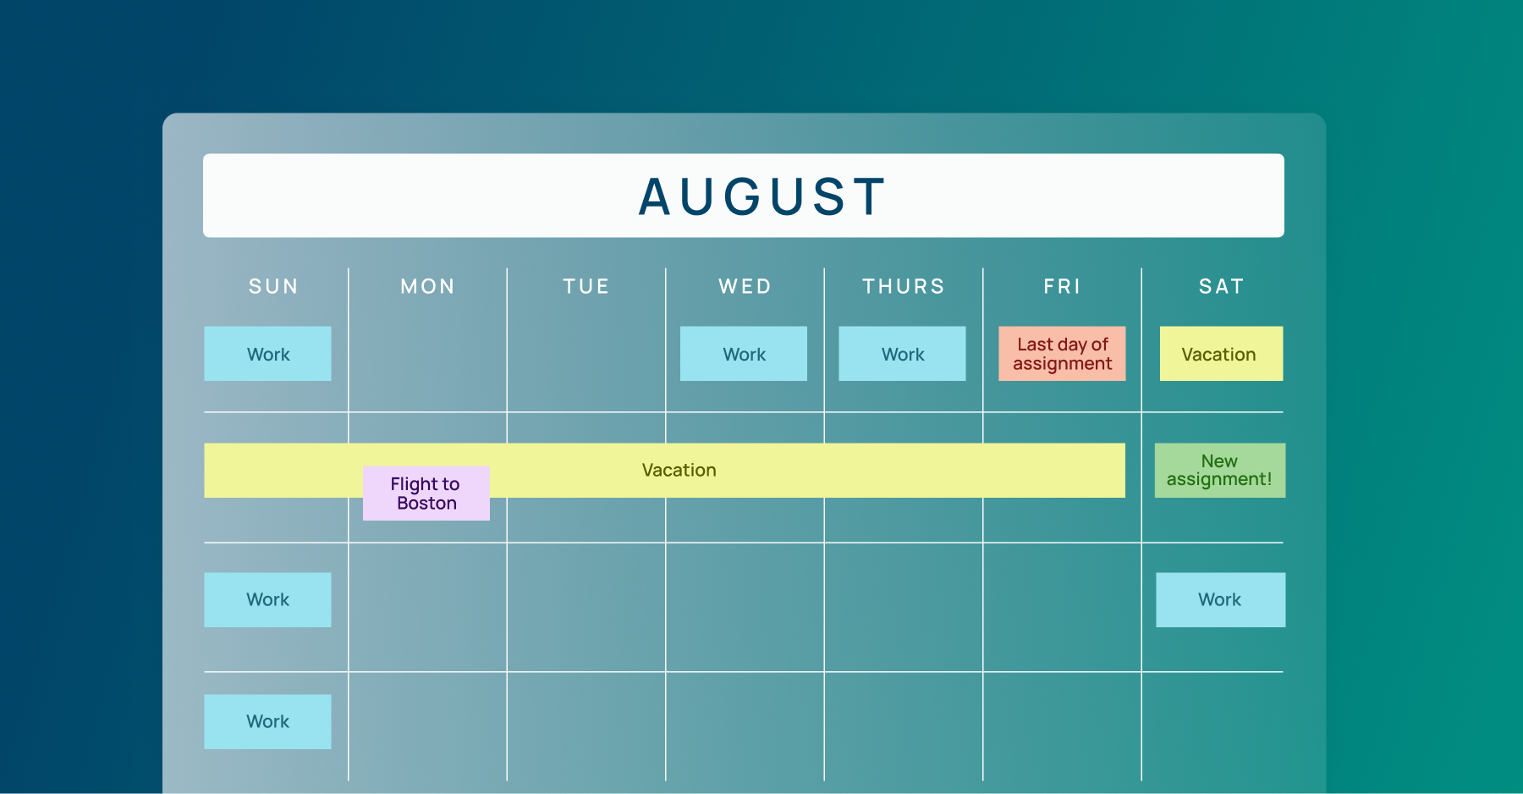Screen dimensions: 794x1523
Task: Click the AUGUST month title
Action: (x=761, y=196)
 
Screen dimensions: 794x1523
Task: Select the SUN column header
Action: (x=273, y=287)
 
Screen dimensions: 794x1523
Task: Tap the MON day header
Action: (x=427, y=287)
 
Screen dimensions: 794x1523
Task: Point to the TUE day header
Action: (x=586, y=287)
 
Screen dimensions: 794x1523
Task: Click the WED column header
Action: (x=745, y=287)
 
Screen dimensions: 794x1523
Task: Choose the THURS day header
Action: (x=903, y=287)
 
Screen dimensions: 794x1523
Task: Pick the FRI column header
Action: (x=1062, y=287)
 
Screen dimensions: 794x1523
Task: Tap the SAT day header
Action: (x=1221, y=287)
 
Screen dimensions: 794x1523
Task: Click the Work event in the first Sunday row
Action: (x=267, y=354)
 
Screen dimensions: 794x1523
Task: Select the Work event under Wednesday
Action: (x=744, y=354)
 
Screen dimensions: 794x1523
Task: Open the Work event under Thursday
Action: (x=902, y=354)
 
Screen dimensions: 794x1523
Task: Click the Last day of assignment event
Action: (x=1062, y=354)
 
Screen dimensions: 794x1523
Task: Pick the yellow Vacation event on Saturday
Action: (x=1221, y=354)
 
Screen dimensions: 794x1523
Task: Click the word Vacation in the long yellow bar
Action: (x=679, y=471)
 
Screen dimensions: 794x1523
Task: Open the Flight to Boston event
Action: (x=426, y=493)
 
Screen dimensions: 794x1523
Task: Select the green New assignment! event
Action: (x=1219, y=471)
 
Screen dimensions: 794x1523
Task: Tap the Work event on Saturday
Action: (x=1220, y=600)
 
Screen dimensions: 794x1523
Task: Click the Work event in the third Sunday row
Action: (x=267, y=600)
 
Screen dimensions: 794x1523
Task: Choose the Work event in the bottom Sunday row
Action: (x=267, y=722)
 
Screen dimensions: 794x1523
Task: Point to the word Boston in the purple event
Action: (x=426, y=504)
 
